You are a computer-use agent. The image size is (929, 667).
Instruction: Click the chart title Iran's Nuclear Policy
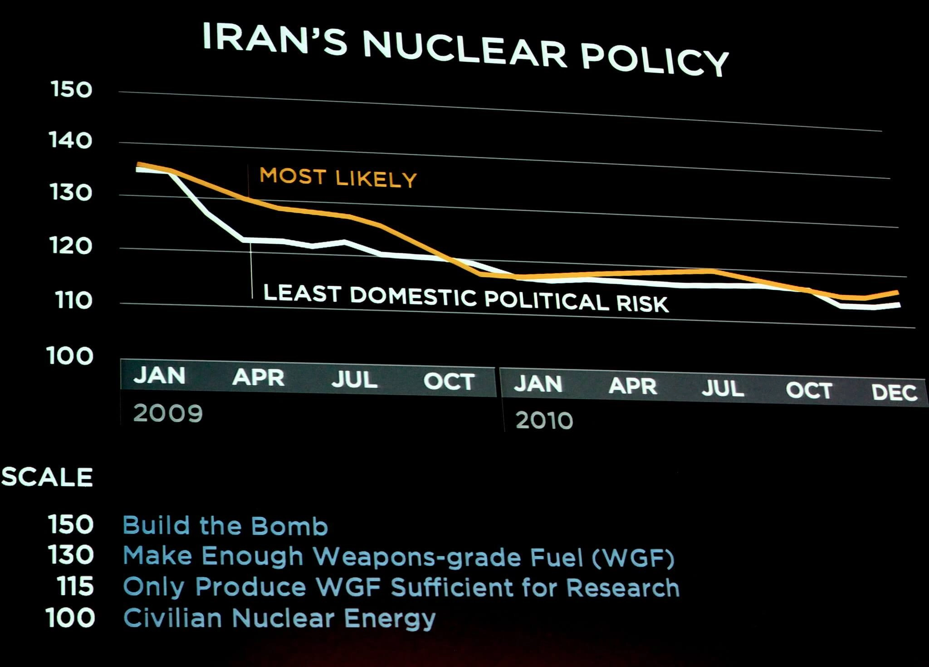[x=465, y=48]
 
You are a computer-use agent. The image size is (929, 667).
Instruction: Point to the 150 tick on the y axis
[x=71, y=89]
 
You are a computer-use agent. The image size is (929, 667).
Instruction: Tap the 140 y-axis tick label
[x=70, y=141]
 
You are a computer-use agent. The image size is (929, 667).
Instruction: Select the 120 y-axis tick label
[x=71, y=247]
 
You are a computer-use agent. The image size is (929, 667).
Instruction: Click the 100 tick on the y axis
[x=70, y=356]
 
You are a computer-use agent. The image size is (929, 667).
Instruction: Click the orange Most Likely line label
[x=338, y=177]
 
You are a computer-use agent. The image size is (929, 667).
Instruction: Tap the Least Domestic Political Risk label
[x=466, y=298]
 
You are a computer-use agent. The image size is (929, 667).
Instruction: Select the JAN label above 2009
[x=159, y=376]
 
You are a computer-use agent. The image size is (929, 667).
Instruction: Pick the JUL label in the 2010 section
[x=723, y=388]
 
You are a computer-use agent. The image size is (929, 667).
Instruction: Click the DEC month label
[x=894, y=392]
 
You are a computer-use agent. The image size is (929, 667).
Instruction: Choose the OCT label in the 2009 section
[x=449, y=382]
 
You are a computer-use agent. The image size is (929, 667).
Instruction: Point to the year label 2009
[x=168, y=413]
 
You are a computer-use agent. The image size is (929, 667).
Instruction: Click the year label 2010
[x=544, y=421]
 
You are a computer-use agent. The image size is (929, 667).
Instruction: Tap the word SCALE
[x=47, y=477]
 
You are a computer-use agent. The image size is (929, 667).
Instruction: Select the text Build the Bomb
[x=225, y=526]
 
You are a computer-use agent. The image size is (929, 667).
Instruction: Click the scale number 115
[x=75, y=586]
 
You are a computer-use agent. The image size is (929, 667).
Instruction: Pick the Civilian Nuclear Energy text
[x=279, y=618]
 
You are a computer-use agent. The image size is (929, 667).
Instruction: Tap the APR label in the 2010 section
[x=632, y=386]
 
